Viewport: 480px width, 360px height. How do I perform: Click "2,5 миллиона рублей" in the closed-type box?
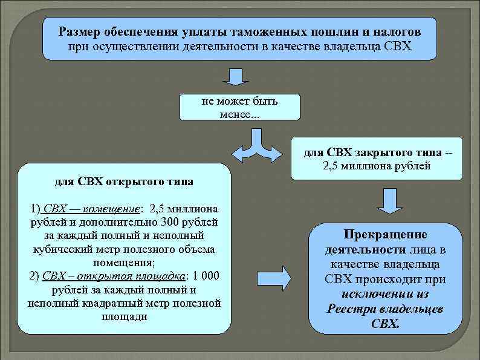[377, 165]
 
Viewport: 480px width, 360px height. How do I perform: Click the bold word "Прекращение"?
[385, 234]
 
